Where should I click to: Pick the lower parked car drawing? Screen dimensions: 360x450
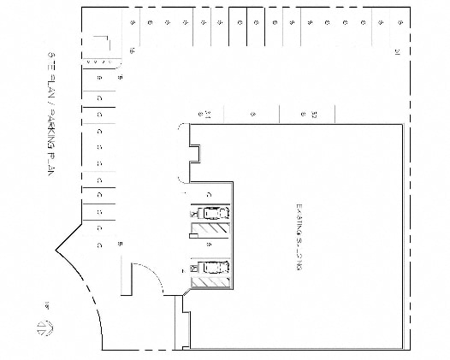coord(211,268)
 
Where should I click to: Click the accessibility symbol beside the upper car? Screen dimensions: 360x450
coord(192,215)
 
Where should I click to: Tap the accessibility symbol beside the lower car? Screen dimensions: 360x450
coord(192,268)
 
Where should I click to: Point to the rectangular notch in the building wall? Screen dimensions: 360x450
coord(195,153)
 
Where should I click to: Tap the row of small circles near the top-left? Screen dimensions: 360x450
coord(98,62)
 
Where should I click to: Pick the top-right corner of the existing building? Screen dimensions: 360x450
coord(403,126)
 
